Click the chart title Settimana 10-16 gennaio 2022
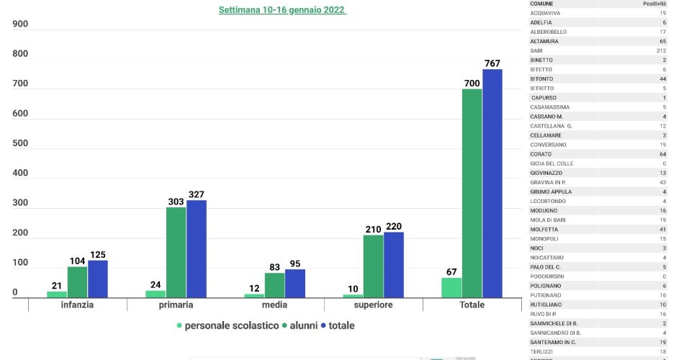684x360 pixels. [282, 11]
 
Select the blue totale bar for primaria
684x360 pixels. [197, 248]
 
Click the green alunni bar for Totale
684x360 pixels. [472, 193]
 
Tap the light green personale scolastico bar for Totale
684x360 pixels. [451, 287]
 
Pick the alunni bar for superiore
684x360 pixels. [373, 266]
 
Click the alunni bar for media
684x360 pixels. [274, 284]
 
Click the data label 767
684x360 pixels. [492, 63]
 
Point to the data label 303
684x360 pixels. [176, 202]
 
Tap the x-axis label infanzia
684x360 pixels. [77, 305]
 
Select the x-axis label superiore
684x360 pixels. [373, 305]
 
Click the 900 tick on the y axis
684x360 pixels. [20, 24]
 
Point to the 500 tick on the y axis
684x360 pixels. [20, 143]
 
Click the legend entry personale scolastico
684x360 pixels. [231, 325]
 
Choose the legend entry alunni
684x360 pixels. [303, 325]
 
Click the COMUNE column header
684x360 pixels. [541, 4]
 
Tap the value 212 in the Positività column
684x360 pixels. [661, 50]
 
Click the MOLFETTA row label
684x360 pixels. [544, 229]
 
